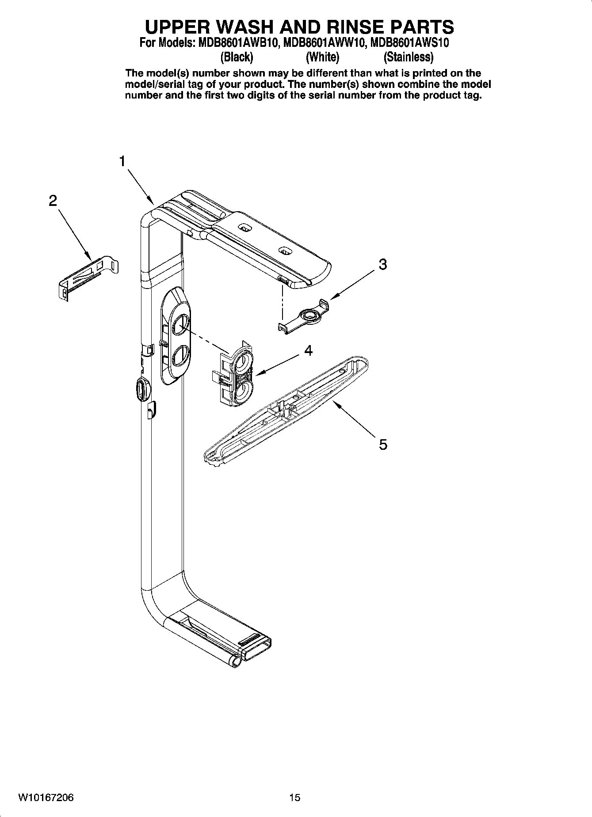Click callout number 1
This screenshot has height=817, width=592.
click(x=122, y=161)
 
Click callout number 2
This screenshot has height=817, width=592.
click(x=53, y=201)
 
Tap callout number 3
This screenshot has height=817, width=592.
click(x=383, y=264)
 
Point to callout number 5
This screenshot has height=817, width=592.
click(x=383, y=444)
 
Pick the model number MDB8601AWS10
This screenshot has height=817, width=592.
click(x=410, y=43)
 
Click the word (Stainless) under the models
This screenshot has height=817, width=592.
click(x=408, y=57)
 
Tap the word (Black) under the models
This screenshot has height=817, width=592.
click(x=237, y=57)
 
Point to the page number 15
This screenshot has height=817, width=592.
click(x=294, y=798)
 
